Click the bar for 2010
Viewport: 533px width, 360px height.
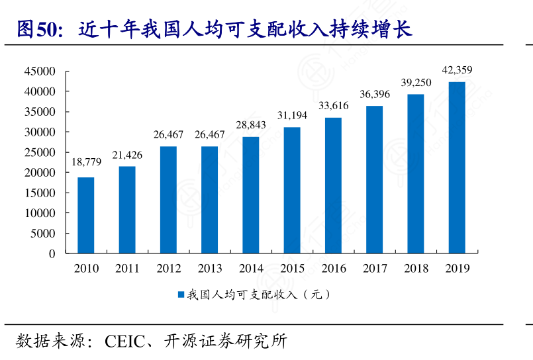[x=86, y=215]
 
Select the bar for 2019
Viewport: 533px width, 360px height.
[x=457, y=167]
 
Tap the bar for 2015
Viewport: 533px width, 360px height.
[x=292, y=190]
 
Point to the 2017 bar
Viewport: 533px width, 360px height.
[x=374, y=179]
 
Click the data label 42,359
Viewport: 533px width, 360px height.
[x=457, y=69]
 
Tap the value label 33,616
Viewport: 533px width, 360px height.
[x=334, y=105]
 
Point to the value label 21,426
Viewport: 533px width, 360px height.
[x=127, y=154]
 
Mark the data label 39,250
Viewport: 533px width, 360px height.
[x=416, y=82]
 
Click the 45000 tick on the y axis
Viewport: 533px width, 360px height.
[x=41, y=71]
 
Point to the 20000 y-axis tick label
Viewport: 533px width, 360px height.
[x=41, y=173]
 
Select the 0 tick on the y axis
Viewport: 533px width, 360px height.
[x=52, y=253]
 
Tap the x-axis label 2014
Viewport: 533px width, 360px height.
[x=251, y=268]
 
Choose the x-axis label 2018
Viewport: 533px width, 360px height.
[x=416, y=268]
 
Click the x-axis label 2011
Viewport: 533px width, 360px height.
[x=127, y=268]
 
